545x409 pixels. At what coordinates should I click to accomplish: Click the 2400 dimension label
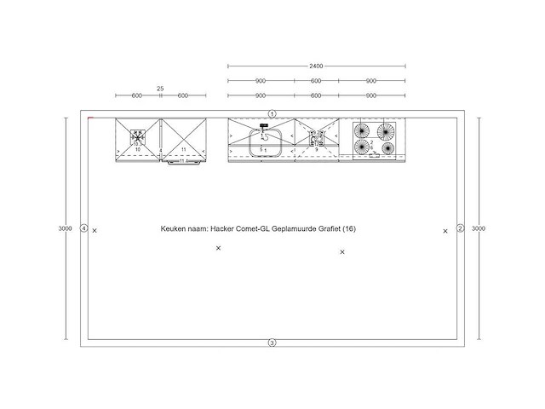[x=316, y=66]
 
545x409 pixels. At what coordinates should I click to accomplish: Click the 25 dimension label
[x=160, y=89]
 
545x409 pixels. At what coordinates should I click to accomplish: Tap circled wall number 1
[x=272, y=113]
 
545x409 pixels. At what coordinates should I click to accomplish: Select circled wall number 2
[x=460, y=228]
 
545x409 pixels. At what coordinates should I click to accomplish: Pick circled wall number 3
[x=272, y=343]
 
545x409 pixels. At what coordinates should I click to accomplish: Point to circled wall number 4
[x=83, y=228]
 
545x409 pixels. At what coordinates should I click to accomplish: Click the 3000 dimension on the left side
[x=65, y=228]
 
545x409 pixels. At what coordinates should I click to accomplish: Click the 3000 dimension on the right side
[x=479, y=228]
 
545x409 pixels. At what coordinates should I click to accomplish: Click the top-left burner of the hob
[x=362, y=131]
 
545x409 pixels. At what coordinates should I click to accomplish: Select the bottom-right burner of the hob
[x=388, y=147]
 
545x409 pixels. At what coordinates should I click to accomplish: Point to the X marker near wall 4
[x=95, y=230]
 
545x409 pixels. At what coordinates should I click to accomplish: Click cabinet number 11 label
[x=184, y=149]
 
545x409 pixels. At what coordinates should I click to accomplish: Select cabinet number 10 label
[x=137, y=149]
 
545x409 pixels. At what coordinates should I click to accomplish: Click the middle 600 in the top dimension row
[x=316, y=81]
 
